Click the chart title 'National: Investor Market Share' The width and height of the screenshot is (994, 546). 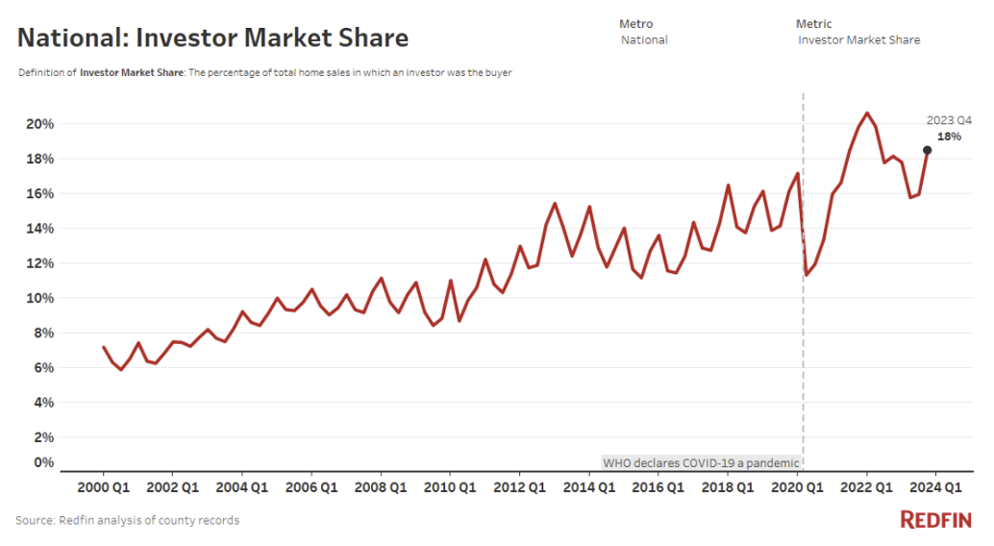click(212, 37)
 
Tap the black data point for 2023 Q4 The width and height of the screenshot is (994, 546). click(927, 150)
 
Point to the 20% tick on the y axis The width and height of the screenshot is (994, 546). click(40, 125)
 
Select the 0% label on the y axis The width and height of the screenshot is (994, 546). click(44, 462)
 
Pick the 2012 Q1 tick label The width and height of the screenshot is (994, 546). click(519, 486)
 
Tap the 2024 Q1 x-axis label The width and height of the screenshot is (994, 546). click(936, 486)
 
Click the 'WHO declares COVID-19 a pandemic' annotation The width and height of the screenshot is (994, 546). click(701, 462)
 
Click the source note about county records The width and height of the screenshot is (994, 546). click(128, 520)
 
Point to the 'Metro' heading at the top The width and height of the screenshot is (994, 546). click(635, 23)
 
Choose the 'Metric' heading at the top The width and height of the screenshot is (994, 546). click(814, 23)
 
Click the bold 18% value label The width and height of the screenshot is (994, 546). click(949, 136)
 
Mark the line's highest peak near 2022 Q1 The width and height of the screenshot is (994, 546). click(867, 113)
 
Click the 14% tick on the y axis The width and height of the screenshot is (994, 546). click(40, 229)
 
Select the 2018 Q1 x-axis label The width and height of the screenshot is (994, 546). click(728, 486)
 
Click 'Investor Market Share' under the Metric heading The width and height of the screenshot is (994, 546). click(858, 40)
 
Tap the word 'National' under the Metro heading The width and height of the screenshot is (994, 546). click(644, 40)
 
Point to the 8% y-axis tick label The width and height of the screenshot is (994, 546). click(44, 333)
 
